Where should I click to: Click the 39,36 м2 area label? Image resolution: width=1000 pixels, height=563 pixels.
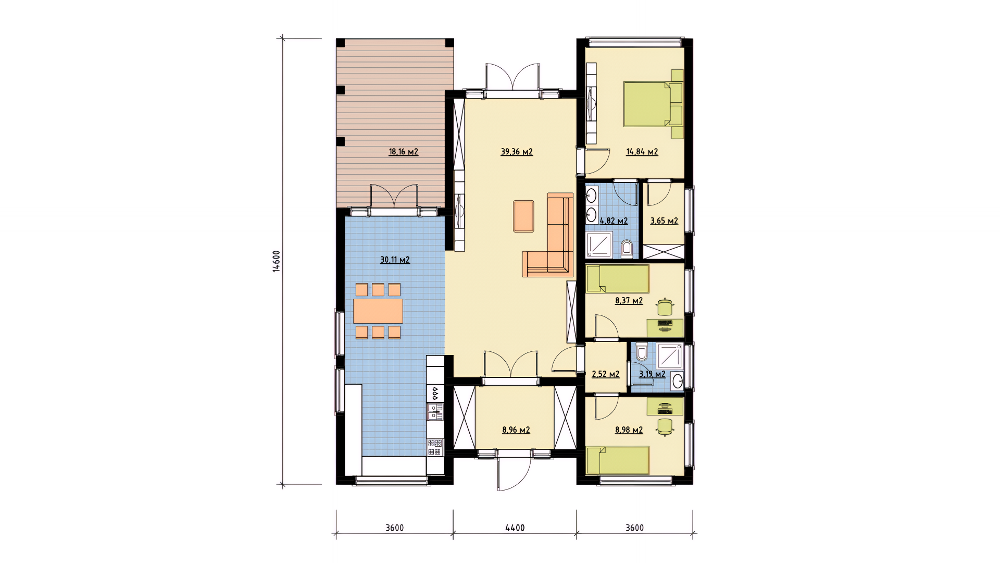[517, 152]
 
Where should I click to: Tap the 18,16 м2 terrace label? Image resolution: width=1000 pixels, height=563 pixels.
[403, 152]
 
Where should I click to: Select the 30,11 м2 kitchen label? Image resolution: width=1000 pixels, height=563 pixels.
[395, 260]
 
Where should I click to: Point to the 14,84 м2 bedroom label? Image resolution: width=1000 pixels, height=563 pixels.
[642, 152]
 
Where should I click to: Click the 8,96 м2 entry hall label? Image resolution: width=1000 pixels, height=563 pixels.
[516, 430]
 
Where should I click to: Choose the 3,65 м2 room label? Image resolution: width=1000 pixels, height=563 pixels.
[664, 221]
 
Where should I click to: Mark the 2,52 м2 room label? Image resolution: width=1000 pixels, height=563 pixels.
[606, 374]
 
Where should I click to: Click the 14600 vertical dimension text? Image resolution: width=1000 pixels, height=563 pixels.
[277, 261]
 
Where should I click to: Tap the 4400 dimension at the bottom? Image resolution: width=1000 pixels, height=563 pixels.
[515, 528]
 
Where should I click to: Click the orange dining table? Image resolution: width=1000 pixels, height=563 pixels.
[378, 311]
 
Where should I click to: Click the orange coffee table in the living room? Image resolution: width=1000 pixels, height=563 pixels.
[523, 216]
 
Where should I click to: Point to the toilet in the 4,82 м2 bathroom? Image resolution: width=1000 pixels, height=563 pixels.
[627, 249]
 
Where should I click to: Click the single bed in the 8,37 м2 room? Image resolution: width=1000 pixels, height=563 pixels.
[618, 279]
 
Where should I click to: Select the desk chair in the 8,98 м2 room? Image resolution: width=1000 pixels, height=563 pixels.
[665, 426]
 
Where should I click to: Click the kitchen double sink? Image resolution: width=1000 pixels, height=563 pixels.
[435, 411]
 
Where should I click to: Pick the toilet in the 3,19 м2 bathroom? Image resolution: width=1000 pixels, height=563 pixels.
[642, 352]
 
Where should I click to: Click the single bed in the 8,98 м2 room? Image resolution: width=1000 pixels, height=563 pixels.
[618, 460]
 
